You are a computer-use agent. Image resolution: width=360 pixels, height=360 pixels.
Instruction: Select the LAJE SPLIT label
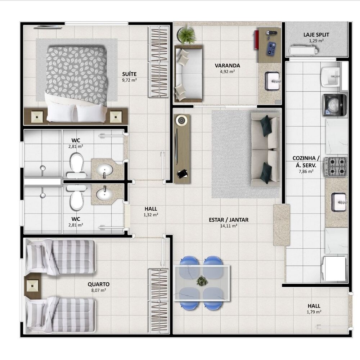coord(316,35)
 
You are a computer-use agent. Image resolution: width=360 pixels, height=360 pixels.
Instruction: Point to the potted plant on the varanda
coord(186,35)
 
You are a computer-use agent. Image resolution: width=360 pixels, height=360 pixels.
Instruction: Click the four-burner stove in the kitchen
coord(336,166)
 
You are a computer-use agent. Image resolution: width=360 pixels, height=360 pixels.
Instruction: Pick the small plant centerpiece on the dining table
coord(202,281)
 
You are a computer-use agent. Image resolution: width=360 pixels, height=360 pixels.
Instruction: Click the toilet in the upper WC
coord(76,163)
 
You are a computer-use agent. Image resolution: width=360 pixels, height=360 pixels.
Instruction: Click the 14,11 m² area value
coord(229,226)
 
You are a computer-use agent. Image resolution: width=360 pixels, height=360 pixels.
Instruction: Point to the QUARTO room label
coord(98,284)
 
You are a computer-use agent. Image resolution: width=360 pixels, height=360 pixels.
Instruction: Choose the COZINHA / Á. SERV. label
coord(306,162)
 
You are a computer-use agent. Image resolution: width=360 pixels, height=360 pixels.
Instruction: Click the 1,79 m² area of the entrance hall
coord(314,312)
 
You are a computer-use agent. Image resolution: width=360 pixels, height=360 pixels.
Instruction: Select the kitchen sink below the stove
coord(339,202)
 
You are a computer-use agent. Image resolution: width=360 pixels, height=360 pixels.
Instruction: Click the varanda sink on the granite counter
coord(272,81)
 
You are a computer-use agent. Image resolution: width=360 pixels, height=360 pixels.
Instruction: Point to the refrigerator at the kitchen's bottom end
coord(334,268)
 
